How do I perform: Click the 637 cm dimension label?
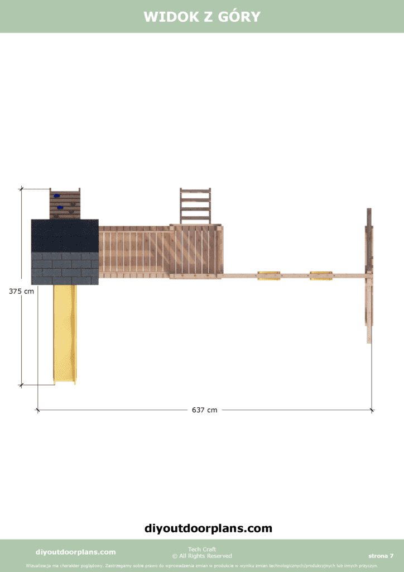[x=204, y=410]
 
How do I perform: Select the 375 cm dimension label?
[x=22, y=291]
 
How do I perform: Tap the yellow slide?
[x=65, y=335]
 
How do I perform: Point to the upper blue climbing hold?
[x=56, y=196]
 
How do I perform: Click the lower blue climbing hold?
[x=60, y=207]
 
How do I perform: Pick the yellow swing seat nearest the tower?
[x=269, y=276]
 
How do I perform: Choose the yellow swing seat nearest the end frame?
[x=321, y=276]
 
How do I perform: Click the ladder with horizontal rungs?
[x=195, y=206]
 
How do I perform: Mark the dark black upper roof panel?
[x=65, y=236]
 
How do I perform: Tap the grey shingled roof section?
[x=65, y=269]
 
